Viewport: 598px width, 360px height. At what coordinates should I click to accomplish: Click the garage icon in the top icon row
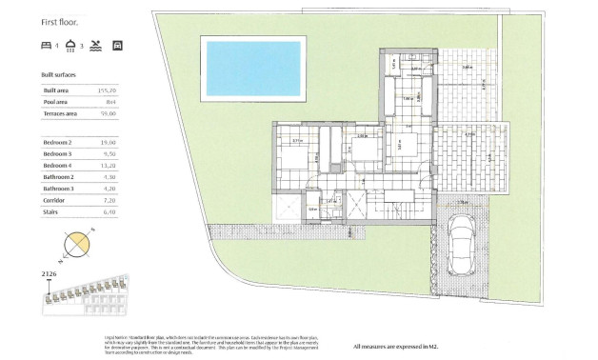(x=118, y=45)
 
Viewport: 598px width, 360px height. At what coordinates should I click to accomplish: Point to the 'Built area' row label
(x=56, y=90)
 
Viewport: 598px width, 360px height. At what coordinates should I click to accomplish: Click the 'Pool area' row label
(x=55, y=100)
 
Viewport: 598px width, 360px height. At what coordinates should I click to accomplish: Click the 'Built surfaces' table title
(x=59, y=73)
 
